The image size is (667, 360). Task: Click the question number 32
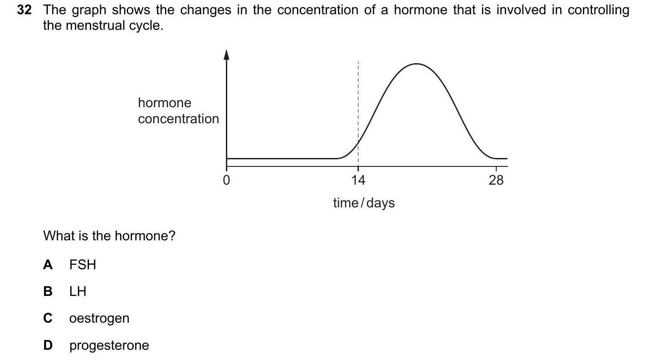coord(24,10)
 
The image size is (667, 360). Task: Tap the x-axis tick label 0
coord(226,180)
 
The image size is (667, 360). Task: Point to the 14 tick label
coord(358,180)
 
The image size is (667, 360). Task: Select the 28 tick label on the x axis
coord(496,180)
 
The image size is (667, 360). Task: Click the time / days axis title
coord(364,203)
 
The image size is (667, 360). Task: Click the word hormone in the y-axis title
coord(165,103)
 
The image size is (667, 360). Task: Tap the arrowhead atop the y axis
coord(226,55)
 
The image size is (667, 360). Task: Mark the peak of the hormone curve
coord(416,64)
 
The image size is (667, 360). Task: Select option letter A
coord(48,265)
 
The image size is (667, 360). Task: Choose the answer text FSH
coord(83,265)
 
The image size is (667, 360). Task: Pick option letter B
coord(48,291)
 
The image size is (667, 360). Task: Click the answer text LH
coord(78,291)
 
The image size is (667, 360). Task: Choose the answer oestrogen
coord(100,318)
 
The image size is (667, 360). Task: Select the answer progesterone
coord(109,345)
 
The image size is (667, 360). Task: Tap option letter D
coord(48,345)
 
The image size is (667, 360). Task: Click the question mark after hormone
coord(172,235)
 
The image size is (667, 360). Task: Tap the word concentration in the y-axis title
coord(179,119)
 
